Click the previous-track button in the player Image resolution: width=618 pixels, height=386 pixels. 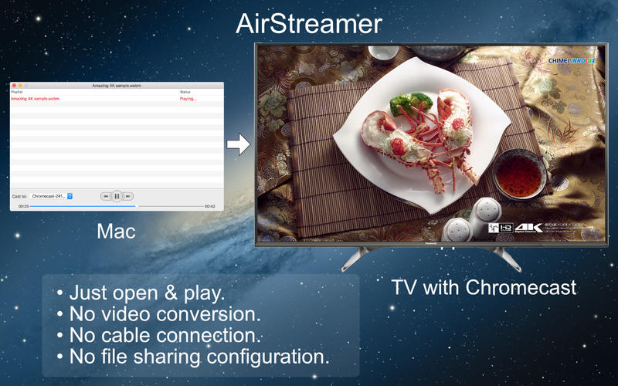(105, 196)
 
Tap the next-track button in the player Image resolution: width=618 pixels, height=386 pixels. (128, 196)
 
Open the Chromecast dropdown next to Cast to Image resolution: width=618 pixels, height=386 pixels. (53, 196)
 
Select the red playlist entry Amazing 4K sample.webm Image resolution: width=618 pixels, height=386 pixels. (35, 99)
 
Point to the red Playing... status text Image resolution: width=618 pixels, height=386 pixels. (188, 99)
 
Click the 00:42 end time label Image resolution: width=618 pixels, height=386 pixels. (209, 206)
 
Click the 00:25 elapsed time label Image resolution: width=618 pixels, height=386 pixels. (23, 206)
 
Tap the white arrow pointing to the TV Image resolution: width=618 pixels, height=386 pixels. (239, 144)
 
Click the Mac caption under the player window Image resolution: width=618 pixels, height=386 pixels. (116, 231)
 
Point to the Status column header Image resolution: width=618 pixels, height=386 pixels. (185, 92)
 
